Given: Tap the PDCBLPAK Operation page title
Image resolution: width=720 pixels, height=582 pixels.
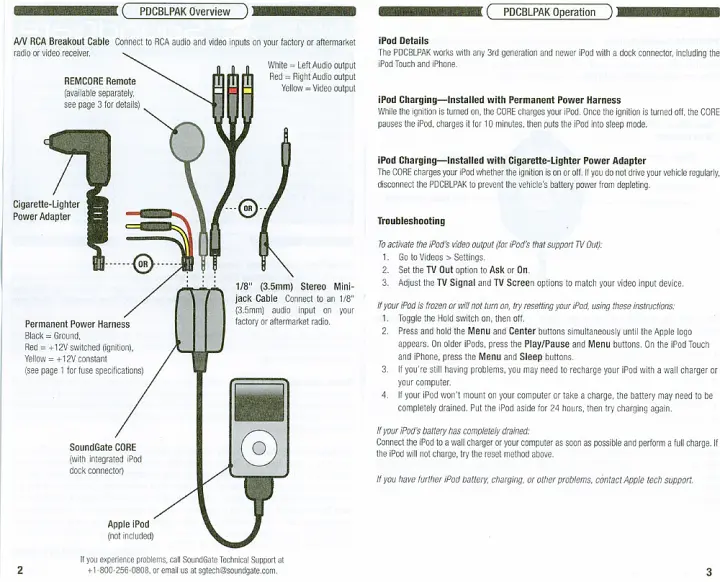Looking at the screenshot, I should point(548,12).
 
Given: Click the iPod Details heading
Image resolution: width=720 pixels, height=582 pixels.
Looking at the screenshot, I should point(403,40).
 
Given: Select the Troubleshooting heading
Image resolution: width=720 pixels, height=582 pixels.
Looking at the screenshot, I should point(411,221).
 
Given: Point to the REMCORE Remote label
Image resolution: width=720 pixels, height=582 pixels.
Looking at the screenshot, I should point(100,80).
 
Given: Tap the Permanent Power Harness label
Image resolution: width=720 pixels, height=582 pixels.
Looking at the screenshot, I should point(77,325).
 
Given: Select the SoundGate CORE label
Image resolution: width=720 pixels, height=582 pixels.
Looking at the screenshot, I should point(102,447).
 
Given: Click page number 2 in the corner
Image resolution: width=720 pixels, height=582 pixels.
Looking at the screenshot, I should point(20,570).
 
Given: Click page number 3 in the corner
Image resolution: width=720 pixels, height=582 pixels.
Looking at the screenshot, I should point(707,571).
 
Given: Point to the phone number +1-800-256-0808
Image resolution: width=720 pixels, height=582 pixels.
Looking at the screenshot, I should point(120,570).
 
